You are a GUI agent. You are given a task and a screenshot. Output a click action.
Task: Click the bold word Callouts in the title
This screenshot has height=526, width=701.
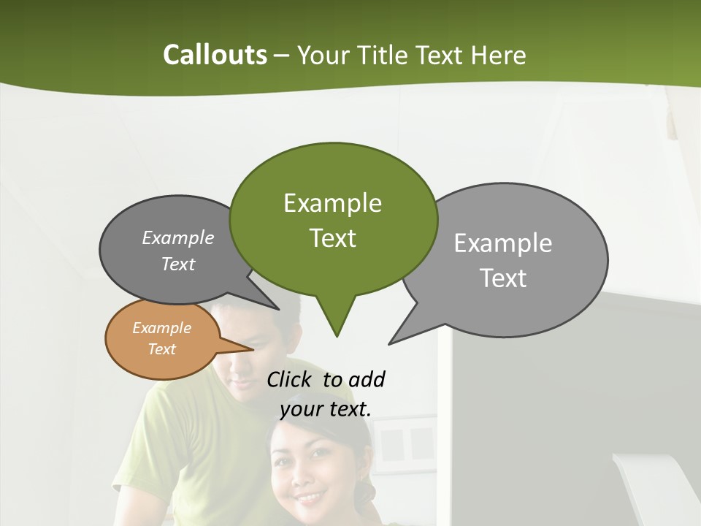click(x=215, y=55)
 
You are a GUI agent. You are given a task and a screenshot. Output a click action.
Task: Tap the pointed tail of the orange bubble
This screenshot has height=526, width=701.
click(x=245, y=348)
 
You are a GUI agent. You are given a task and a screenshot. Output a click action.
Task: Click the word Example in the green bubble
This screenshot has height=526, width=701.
click(x=332, y=203)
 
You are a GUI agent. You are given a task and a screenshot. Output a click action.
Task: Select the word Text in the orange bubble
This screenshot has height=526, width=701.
click(x=161, y=349)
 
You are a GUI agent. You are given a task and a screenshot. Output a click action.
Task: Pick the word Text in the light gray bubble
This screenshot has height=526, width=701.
click(x=504, y=278)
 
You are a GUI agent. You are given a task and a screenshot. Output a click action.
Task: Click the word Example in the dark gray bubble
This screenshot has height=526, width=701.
click(x=177, y=237)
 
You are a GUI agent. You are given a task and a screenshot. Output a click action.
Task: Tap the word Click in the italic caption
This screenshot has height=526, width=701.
click(x=290, y=379)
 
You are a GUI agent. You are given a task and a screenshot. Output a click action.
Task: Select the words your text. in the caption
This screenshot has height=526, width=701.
click(x=326, y=409)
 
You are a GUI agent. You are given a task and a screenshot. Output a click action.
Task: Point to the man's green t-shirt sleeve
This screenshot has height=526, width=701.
click(x=135, y=460)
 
